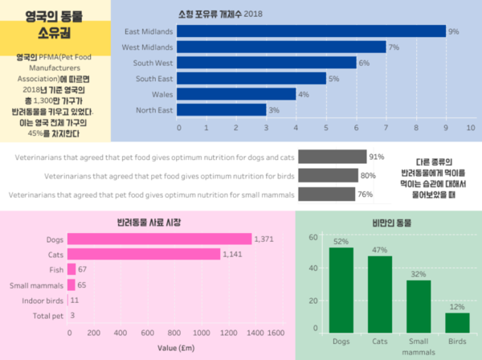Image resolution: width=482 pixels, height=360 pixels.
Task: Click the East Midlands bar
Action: point(310,31)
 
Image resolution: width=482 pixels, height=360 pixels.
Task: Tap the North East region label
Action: point(154,110)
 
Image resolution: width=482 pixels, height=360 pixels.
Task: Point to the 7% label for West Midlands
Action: point(394,47)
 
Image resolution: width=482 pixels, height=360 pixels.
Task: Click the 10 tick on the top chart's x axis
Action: point(470,127)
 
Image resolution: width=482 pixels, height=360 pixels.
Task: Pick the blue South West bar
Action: point(266,63)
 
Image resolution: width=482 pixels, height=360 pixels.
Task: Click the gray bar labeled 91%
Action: point(332,157)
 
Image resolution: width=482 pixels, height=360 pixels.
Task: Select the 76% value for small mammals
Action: point(365,194)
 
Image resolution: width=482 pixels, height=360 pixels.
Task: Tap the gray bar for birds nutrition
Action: point(328,175)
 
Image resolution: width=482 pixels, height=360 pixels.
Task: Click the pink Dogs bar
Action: point(159,239)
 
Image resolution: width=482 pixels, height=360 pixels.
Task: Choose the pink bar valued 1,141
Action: point(143,254)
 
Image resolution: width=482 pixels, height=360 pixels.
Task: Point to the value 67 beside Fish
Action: point(83,269)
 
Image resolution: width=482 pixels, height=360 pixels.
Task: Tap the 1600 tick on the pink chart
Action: point(275,333)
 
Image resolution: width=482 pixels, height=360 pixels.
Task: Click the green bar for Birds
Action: point(457,321)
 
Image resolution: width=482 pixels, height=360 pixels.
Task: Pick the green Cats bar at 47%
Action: point(380,293)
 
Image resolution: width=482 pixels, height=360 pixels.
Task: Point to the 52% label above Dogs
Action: point(341,241)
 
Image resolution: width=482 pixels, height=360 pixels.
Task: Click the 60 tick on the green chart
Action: point(313,237)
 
